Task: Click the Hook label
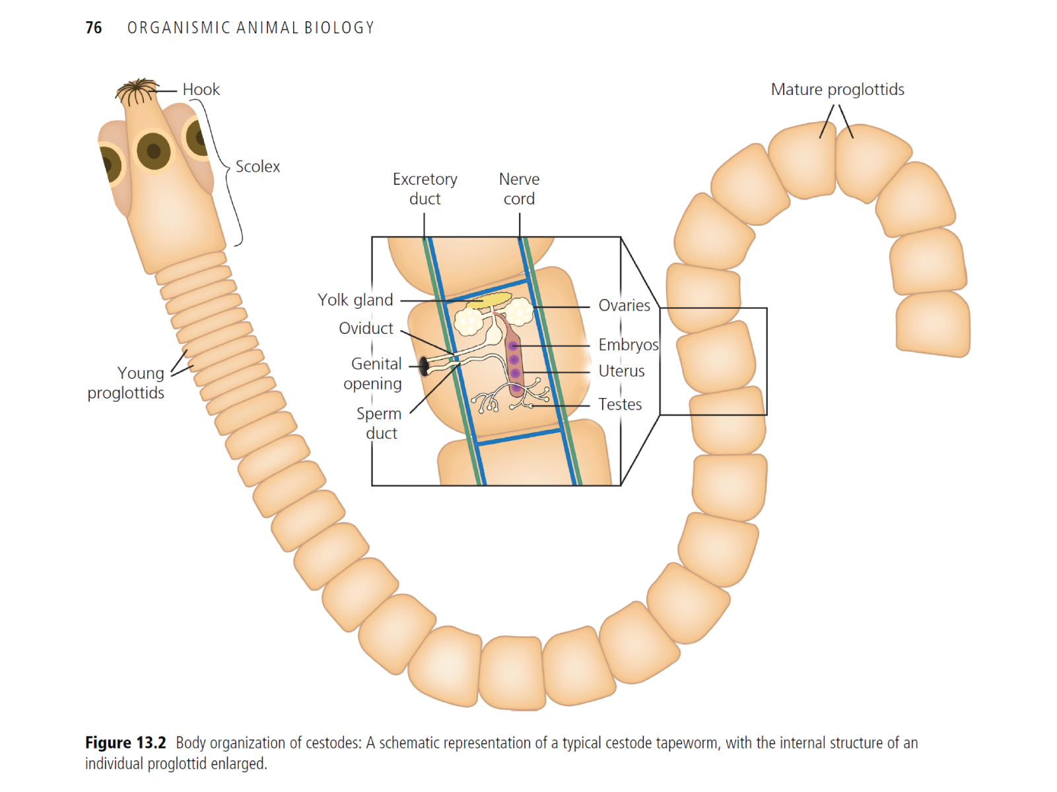[x=201, y=90]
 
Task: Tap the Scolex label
[x=257, y=167]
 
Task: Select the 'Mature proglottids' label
[x=837, y=90]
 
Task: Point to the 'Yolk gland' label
[x=355, y=300]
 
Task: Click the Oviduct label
[x=366, y=329]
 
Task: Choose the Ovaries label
[x=624, y=306]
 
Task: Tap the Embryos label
[x=628, y=345]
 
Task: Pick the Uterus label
[x=621, y=371]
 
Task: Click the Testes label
[x=620, y=405]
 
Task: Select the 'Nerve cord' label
[x=519, y=189]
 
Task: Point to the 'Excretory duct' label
[x=425, y=189]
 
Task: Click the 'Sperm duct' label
[x=380, y=423]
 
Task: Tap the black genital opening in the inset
[x=425, y=366]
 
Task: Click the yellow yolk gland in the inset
[x=489, y=301]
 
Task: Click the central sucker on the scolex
[x=154, y=151]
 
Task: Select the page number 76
[x=94, y=28]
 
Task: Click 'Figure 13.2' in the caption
[x=125, y=743]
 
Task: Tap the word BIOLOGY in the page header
[x=339, y=28]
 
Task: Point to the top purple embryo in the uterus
[x=513, y=346]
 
